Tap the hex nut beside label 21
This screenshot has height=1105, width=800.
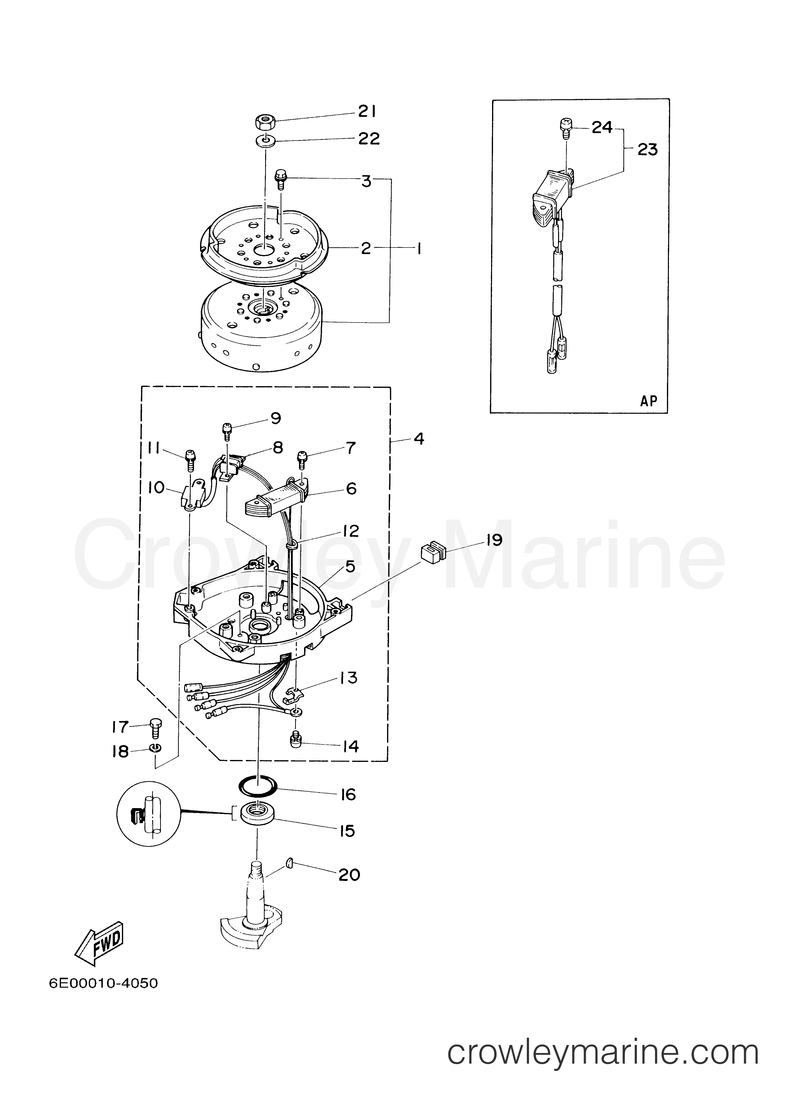(x=265, y=121)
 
